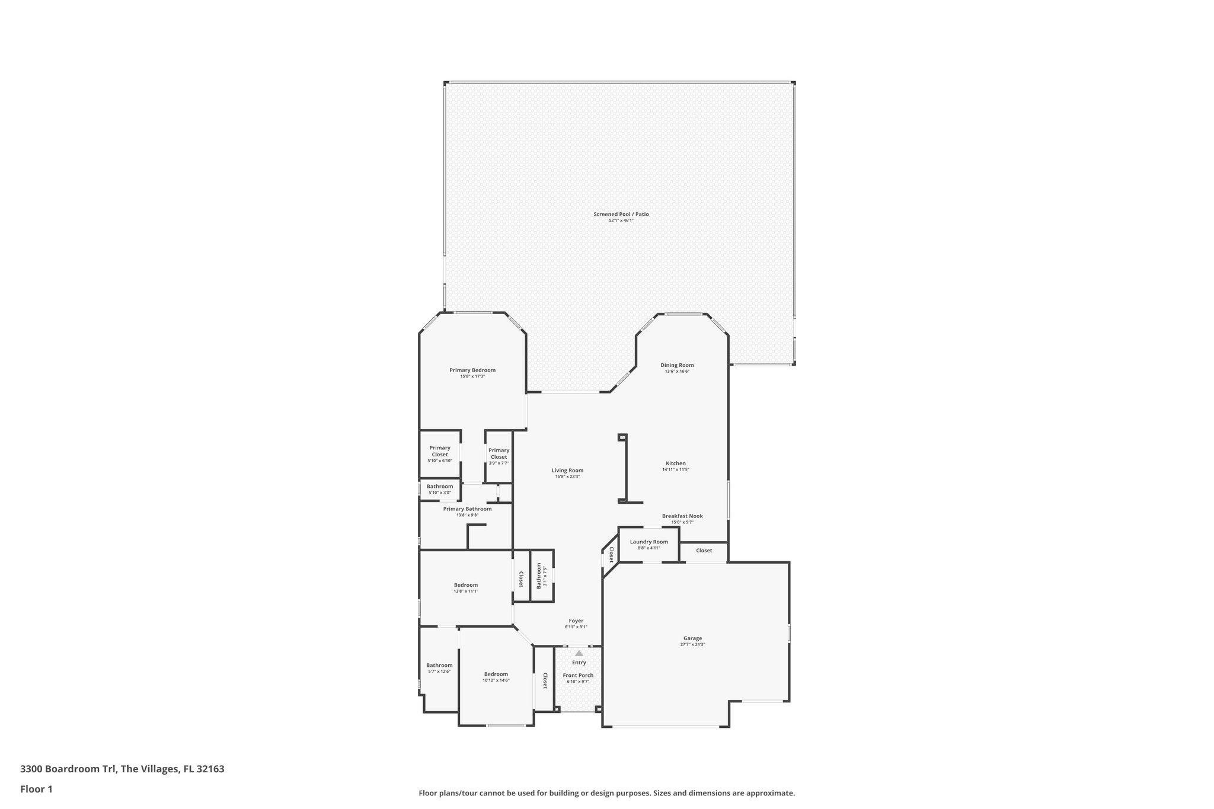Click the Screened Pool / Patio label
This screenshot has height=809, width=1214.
[x=621, y=214]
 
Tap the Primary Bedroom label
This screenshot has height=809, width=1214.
[x=472, y=370]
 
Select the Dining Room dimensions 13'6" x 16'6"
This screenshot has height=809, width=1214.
[x=677, y=372]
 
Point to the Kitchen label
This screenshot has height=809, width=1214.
[x=675, y=463]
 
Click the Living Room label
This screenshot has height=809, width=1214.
[x=567, y=471]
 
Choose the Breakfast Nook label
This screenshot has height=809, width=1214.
[x=682, y=516]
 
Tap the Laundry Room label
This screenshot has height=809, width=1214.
[x=648, y=542]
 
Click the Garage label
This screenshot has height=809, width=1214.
[x=692, y=638]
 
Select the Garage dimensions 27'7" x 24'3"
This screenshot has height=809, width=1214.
[x=692, y=645]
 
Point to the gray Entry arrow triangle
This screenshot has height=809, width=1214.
[x=579, y=653]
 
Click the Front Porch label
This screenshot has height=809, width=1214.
[x=578, y=675]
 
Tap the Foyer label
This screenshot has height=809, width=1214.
[x=576, y=621]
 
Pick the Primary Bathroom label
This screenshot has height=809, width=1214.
[x=467, y=509]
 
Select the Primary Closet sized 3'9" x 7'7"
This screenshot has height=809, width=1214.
[x=499, y=453]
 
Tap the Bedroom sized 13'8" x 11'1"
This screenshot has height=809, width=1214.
[x=465, y=585]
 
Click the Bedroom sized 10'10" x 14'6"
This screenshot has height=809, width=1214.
[x=496, y=674]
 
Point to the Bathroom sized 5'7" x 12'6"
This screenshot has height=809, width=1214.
[x=439, y=665]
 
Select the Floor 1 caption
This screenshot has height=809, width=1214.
[x=37, y=789]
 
